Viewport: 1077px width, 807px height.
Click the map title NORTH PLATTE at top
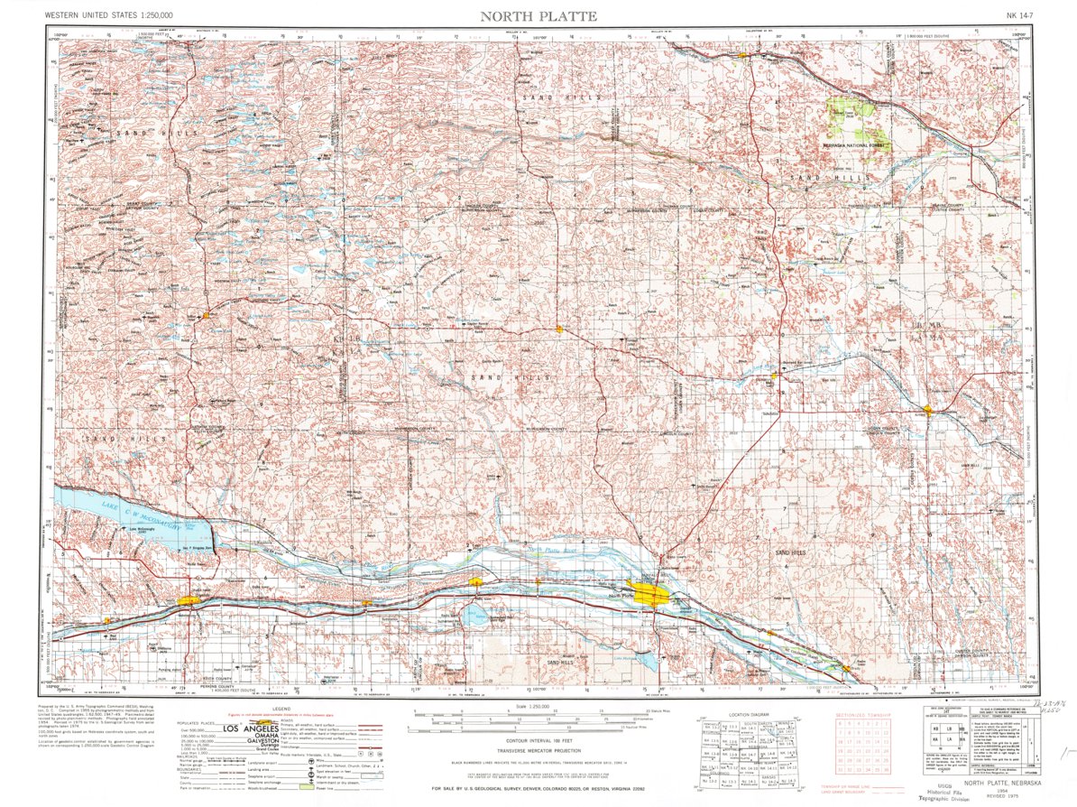[x=538, y=15]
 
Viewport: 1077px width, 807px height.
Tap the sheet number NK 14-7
[x=1019, y=15]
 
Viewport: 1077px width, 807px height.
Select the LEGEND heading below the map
[x=281, y=710]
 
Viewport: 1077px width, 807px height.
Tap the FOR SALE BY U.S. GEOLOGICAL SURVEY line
[x=538, y=788]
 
